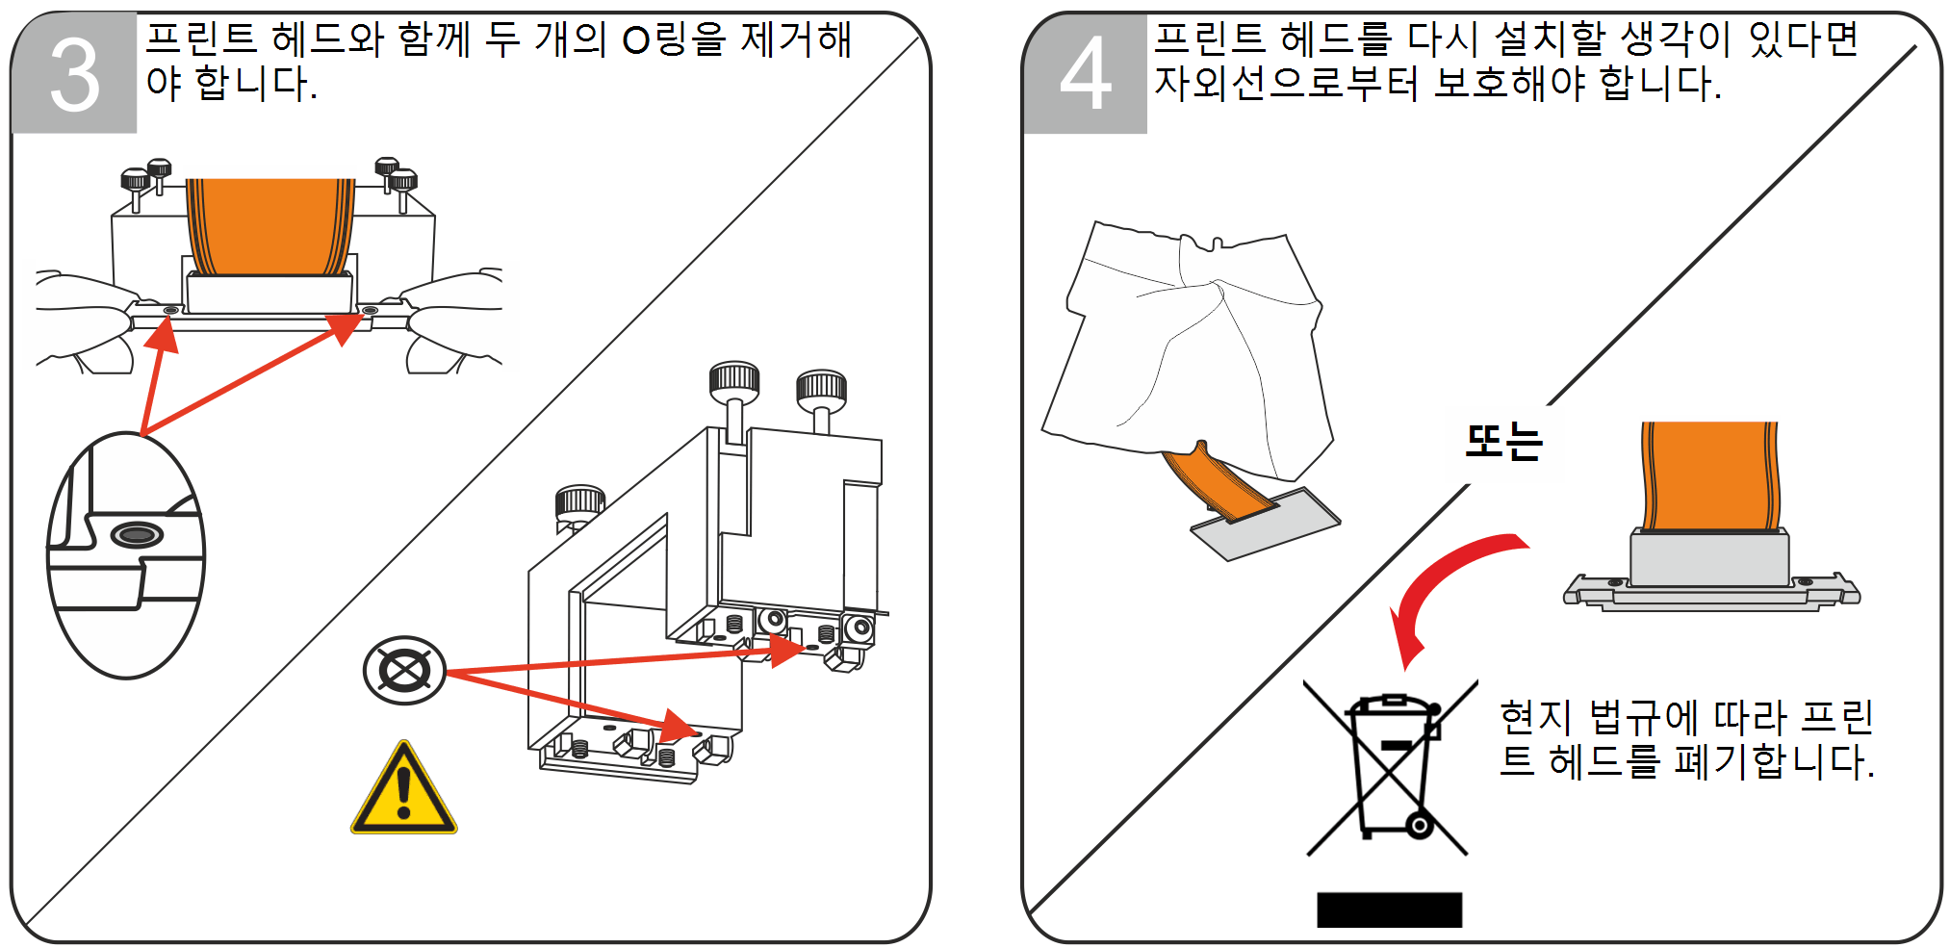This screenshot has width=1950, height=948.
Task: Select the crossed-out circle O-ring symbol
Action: tap(404, 670)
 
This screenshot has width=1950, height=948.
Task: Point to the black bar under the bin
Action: tap(1389, 910)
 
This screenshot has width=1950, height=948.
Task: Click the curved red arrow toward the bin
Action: tap(1444, 587)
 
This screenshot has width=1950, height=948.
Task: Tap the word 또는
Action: tap(1502, 442)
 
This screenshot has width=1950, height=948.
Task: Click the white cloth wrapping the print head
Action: tap(1193, 346)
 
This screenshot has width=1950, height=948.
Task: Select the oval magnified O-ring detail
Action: tap(126, 556)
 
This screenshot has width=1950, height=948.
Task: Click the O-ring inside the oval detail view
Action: tap(137, 534)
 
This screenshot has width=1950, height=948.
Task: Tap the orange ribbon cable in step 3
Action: tap(269, 226)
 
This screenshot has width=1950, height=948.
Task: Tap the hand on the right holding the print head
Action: tap(452, 318)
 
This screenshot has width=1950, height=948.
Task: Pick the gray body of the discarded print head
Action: tap(1708, 558)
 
